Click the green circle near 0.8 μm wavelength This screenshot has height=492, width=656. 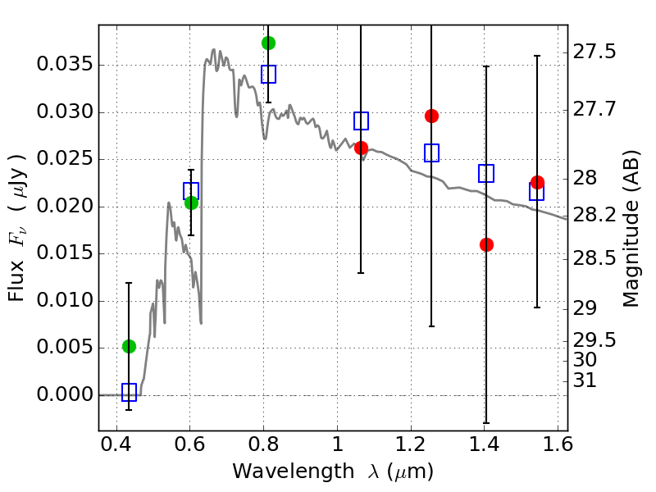click(268, 43)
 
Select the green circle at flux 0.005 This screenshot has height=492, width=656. click(130, 346)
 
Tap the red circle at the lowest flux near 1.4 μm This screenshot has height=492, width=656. click(486, 244)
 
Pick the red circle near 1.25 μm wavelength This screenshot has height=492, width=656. click(431, 116)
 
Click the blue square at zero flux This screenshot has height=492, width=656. click(129, 393)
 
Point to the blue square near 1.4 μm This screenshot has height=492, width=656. click(486, 173)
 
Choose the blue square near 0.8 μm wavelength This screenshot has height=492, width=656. click(269, 74)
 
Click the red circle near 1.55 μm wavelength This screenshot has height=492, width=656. click(537, 182)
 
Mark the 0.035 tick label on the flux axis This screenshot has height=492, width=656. click(65, 65)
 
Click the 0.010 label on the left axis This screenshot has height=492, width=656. click(65, 300)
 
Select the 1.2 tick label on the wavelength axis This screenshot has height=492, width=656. click(411, 444)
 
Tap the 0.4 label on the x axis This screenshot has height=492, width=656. click(116, 444)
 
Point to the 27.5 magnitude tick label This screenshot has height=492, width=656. click(594, 52)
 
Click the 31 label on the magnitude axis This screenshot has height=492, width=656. click(585, 380)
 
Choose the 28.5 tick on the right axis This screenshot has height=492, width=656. click(594, 258)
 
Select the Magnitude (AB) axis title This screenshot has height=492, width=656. click(631, 229)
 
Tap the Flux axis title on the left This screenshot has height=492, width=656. click(16, 228)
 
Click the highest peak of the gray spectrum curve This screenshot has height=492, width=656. click(214, 50)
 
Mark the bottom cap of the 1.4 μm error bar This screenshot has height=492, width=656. click(486, 423)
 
